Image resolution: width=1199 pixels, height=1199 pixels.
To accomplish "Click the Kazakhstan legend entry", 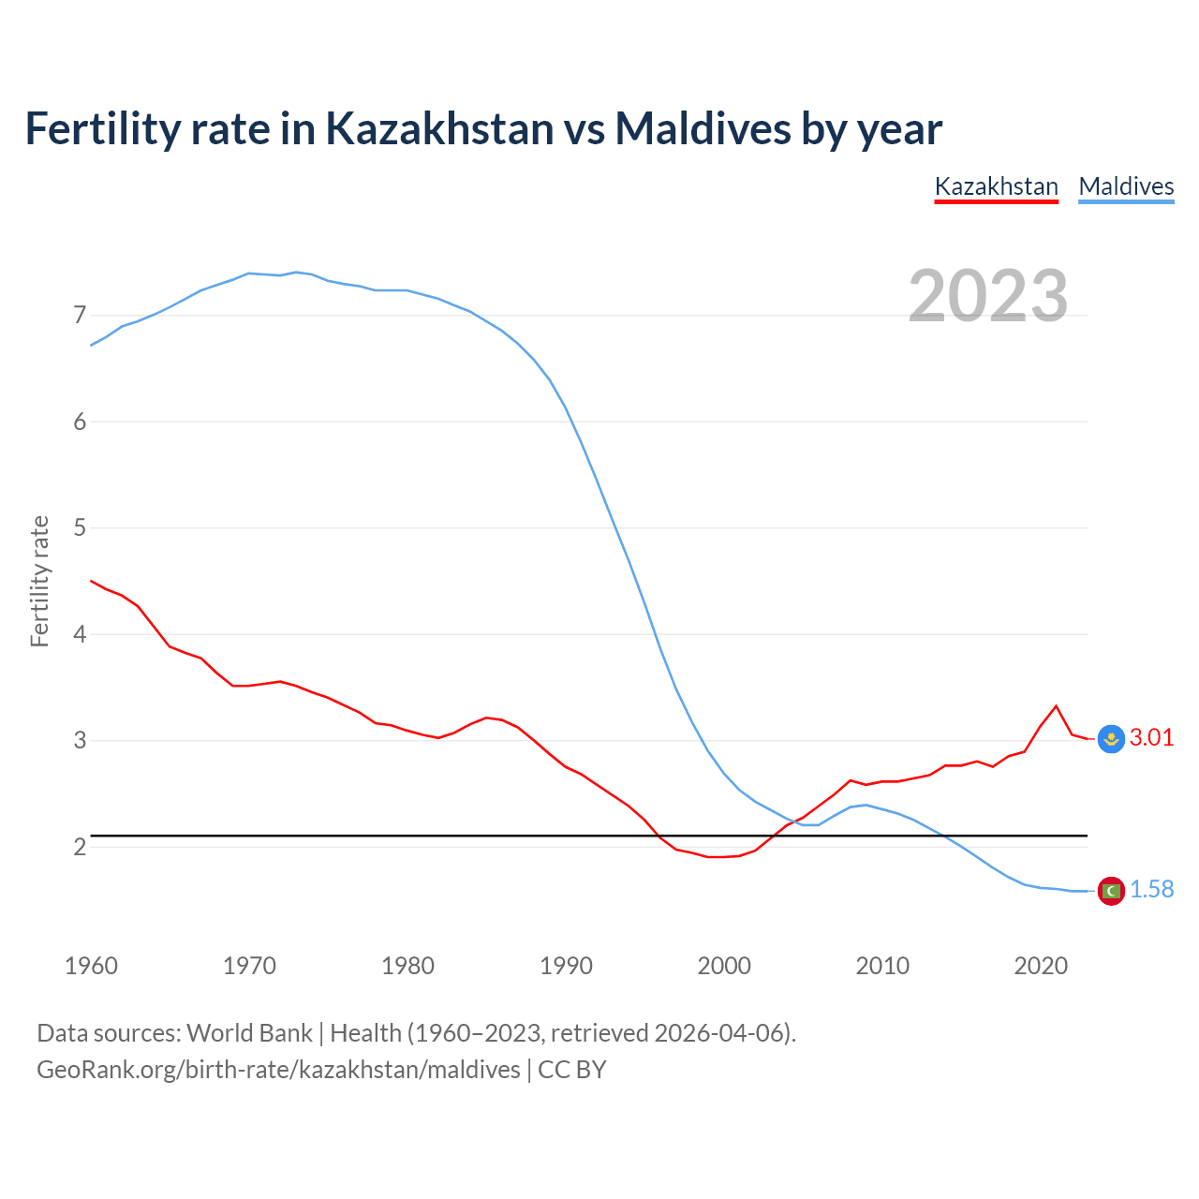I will click(996, 186).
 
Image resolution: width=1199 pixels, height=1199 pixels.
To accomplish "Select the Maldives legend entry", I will click(1126, 186).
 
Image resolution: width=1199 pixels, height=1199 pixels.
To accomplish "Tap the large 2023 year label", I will click(987, 296).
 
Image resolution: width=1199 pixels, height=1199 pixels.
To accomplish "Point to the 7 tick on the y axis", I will click(80, 315).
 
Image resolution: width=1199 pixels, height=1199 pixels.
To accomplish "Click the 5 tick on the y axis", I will click(80, 527).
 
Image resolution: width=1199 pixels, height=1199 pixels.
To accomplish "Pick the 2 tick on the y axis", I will click(80, 847).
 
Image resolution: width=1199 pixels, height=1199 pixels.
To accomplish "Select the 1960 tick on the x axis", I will click(91, 966).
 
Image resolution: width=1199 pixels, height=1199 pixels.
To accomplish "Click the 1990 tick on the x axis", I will click(566, 966).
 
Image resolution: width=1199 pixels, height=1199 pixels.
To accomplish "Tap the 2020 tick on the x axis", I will click(1041, 966).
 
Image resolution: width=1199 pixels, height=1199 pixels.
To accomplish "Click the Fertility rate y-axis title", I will click(39, 581).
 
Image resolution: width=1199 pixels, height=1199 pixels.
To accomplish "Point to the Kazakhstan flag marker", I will click(1111, 738).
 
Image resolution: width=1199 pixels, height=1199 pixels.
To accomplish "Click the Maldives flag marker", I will click(1111, 890).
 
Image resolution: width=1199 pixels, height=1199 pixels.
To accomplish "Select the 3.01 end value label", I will click(1151, 737).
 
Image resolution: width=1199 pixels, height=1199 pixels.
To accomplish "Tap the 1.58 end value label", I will click(1151, 889).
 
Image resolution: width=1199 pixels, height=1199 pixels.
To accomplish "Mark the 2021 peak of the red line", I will click(1057, 705).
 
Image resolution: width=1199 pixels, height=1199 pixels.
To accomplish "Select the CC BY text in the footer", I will click(571, 1069).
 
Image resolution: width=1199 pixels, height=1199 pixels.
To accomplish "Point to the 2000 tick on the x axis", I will click(724, 966).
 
